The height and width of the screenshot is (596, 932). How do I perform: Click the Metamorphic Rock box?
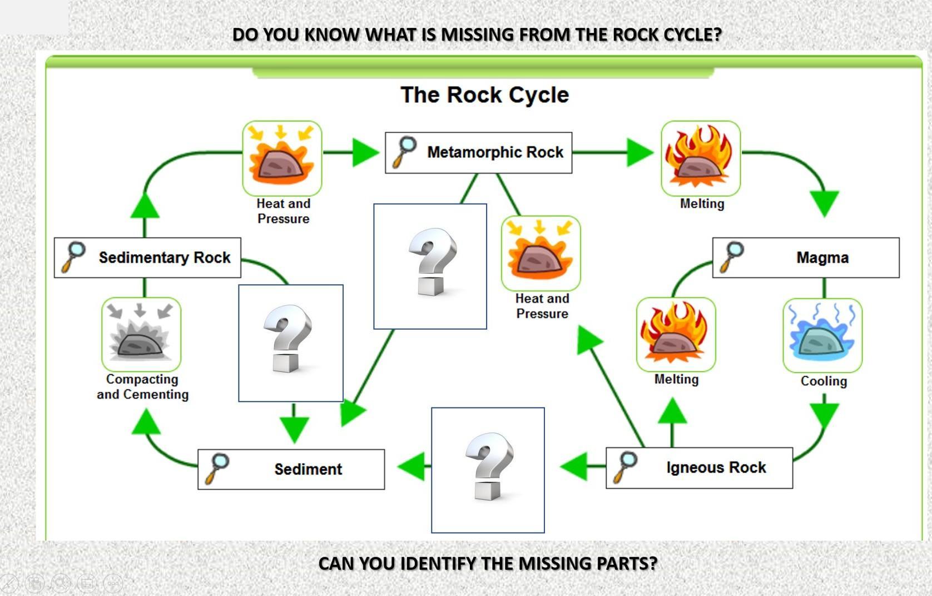(478, 152)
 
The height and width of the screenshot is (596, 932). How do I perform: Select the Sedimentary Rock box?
(147, 257)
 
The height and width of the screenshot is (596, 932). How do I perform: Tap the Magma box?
(806, 257)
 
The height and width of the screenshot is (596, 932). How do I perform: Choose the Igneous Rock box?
(699, 468)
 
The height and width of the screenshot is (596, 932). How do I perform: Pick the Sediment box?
(291, 469)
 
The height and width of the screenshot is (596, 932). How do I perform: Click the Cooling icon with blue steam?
(822, 335)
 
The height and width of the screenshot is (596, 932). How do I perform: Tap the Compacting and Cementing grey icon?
(141, 334)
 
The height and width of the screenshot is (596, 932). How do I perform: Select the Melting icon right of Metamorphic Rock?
(701, 158)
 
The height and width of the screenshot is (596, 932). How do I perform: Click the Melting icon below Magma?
(676, 334)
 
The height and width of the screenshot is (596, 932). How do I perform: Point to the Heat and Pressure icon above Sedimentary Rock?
(282, 158)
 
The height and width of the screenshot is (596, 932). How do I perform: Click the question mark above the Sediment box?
(290, 343)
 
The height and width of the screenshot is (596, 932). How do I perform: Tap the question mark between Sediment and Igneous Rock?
(488, 470)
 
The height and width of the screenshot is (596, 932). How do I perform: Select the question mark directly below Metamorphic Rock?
(430, 266)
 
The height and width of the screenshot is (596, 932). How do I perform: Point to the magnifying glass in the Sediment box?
(217, 468)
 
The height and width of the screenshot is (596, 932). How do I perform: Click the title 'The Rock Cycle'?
(484, 95)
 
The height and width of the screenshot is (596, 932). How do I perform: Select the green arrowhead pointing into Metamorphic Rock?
(365, 152)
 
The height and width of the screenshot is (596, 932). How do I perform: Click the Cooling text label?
(824, 381)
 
